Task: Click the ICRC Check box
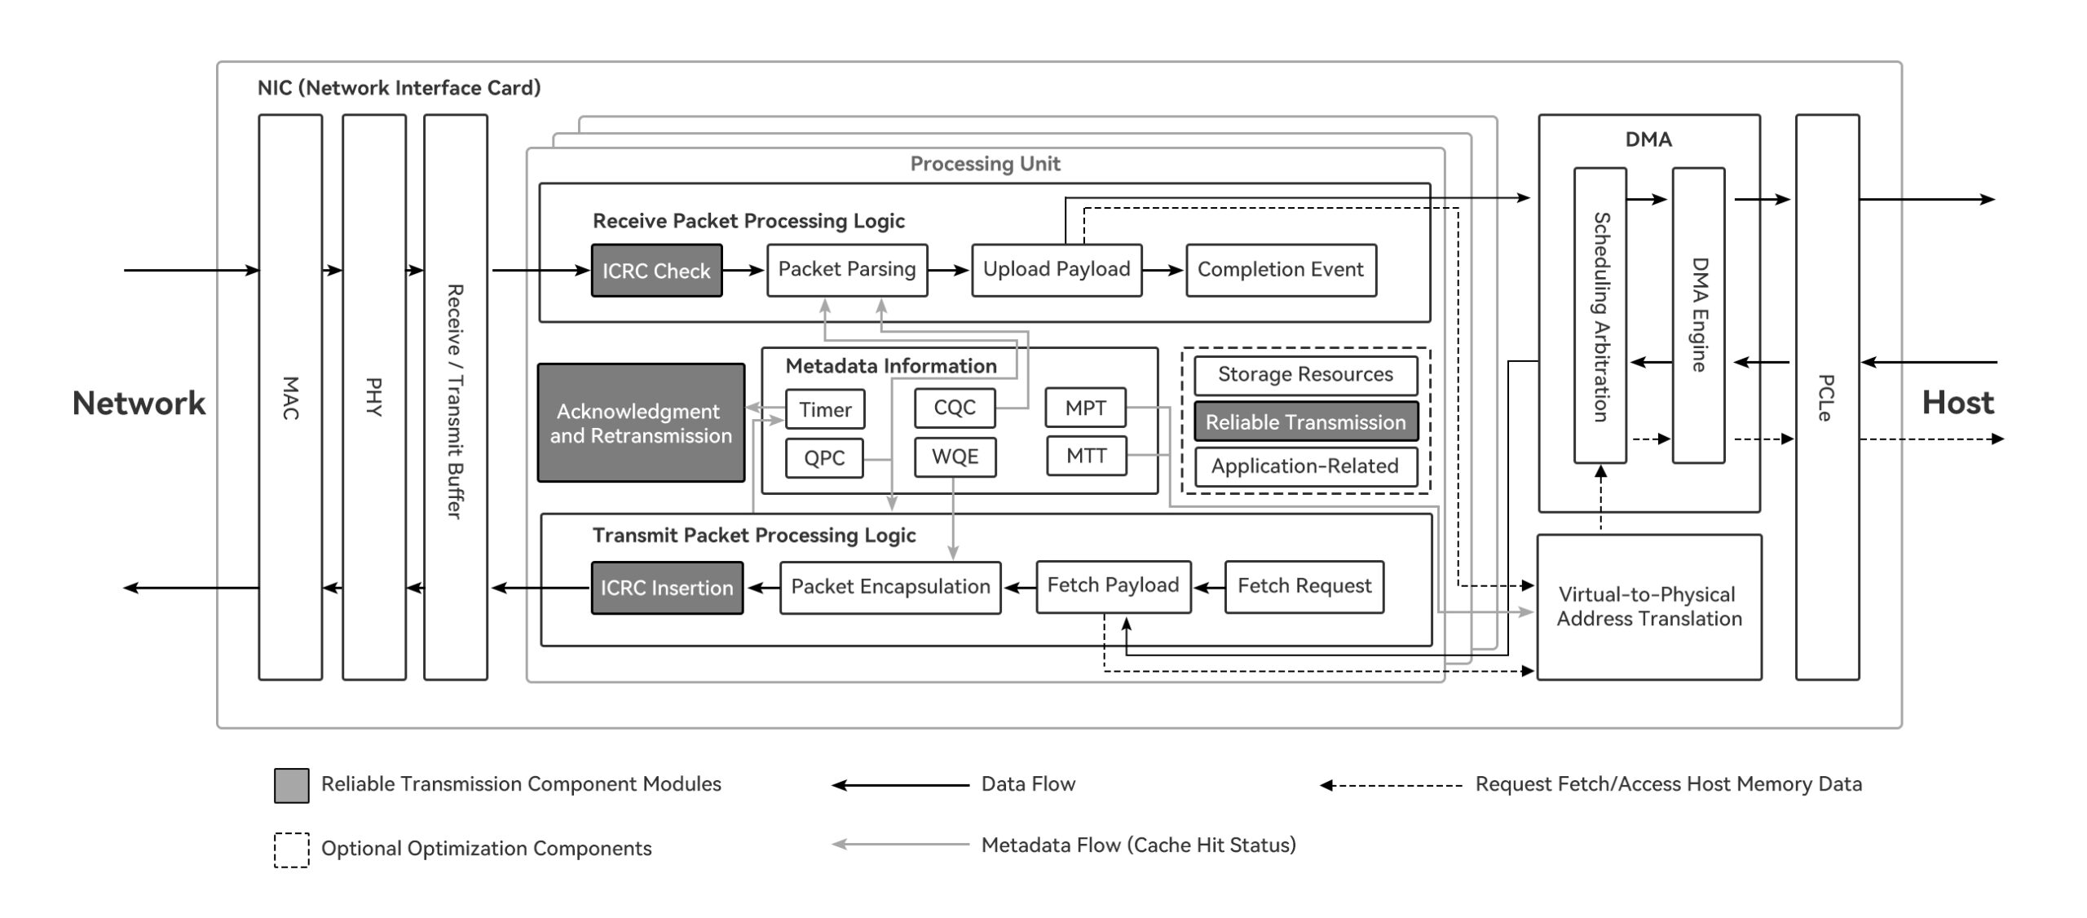tap(656, 271)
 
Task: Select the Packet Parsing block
tap(846, 270)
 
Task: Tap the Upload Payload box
tap(1056, 270)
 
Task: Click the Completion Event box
tap(1280, 270)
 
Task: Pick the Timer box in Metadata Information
tap(824, 409)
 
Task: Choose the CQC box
tap(954, 408)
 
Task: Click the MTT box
tap(1086, 456)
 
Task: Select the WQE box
tap(954, 457)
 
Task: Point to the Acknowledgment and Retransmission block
tap(641, 423)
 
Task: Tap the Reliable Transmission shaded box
tap(1305, 421)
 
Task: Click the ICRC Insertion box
tap(667, 588)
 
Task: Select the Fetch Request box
tap(1304, 586)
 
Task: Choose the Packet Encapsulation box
tap(889, 587)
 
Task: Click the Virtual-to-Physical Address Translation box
tap(1648, 607)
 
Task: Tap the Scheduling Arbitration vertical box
tap(1599, 316)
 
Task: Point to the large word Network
tap(139, 404)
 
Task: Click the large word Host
tap(1957, 403)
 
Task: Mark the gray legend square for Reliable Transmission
tap(291, 785)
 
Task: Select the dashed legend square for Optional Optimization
tap(291, 850)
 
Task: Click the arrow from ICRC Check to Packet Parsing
tap(743, 270)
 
